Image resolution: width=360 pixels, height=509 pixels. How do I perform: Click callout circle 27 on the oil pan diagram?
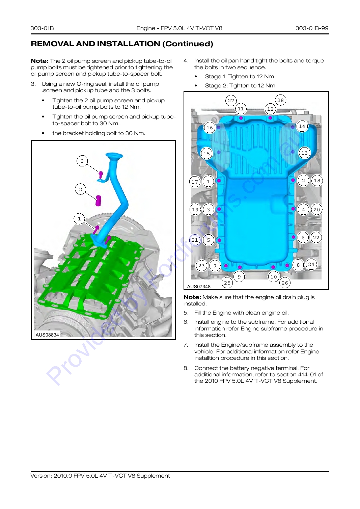pyautogui.click(x=231, y=101)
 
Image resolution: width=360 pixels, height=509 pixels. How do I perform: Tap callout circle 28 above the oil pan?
pyautogui.click(x=280, y=100)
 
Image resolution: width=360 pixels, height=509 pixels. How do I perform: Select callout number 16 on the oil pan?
pyautogui.click(x=210, y=128)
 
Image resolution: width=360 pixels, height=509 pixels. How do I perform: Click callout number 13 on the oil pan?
pyautogui.click(x=304, y=153)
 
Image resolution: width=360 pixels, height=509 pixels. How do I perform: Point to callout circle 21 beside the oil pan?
pyautogui.click(x=195, y=240)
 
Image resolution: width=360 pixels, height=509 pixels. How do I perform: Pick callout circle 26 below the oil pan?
pyautogui.click(x=285, y=283)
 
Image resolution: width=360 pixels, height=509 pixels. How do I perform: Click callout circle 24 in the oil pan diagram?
pyautogui.click(x=311, y=264)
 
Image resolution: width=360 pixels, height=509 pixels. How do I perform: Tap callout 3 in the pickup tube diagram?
pyautogui.click(x=82, y=161)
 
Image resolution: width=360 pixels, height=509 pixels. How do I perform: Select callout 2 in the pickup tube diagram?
pyautogui.click(x=80, y=189)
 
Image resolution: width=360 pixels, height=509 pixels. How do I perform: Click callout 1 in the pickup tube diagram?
pyautogui.click(x=79, y=219)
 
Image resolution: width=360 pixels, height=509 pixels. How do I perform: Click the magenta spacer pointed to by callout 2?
pyautogui.click(x=98, y=200)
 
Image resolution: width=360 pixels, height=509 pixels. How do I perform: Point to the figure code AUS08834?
pyautogui.click(x=47, y=335)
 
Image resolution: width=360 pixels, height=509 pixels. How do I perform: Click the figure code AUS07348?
pyautogui.click(x=199, y=287)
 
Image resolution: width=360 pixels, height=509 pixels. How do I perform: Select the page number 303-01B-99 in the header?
pyautogui.click(x=312, y=28)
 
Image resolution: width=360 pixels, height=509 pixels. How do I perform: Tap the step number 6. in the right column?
pyautogui.click(x=186, y=322)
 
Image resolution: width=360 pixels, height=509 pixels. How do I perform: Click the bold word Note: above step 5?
pyautogui.click(x=192, y=297)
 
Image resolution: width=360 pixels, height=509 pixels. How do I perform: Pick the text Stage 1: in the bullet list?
pyautogui.click(x=216, y=76)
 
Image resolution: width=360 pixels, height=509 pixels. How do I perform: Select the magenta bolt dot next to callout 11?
pyautogui.click(x=241, y=118)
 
